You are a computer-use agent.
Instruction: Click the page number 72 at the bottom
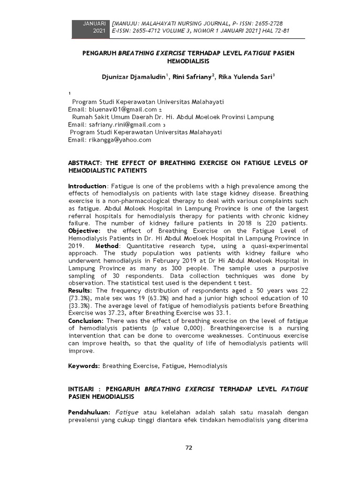click(189, 448)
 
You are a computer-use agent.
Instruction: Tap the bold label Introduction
click(87, 186)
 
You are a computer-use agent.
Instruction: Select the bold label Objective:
click(84, 231)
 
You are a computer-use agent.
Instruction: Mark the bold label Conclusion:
click(86, 321)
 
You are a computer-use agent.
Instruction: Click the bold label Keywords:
click(84, 366)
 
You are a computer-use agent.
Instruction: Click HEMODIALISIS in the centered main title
click(188, 61)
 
